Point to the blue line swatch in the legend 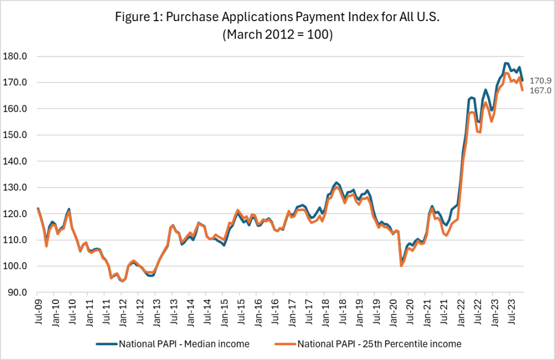(x=107, y=343)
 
